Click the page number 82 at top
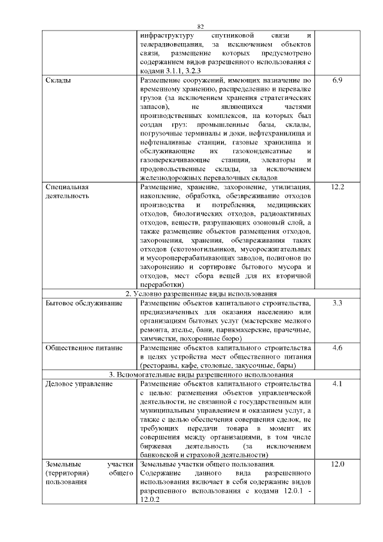point(200,26)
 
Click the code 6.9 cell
point(336,80)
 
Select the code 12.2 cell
point(336,187)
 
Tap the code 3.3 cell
point(336,304)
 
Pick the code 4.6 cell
point(336,348)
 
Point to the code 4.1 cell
point(336,383)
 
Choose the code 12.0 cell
point(336,464)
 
